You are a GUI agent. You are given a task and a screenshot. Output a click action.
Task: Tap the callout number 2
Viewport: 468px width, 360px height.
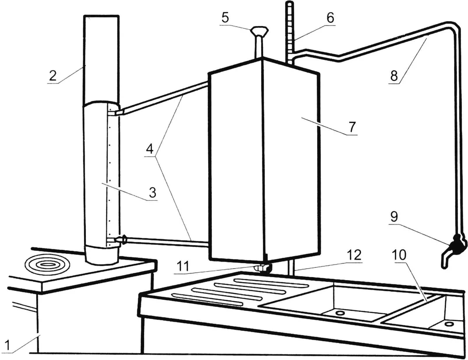point(53,75)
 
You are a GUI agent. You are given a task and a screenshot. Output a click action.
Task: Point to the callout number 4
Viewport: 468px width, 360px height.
point(150,149)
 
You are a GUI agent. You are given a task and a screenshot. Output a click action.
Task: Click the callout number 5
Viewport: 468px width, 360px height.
point(225,18)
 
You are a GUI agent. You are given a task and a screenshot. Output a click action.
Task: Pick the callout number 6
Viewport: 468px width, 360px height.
point(330,18)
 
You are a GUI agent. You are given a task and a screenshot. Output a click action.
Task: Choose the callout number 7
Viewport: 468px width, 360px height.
point(352,127)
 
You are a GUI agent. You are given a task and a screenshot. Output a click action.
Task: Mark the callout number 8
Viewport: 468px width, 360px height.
point(394,75)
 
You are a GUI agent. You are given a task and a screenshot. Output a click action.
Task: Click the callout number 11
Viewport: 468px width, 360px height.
point(183,266)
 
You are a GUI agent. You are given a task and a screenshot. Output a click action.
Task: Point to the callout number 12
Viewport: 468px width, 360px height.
point(355,255)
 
